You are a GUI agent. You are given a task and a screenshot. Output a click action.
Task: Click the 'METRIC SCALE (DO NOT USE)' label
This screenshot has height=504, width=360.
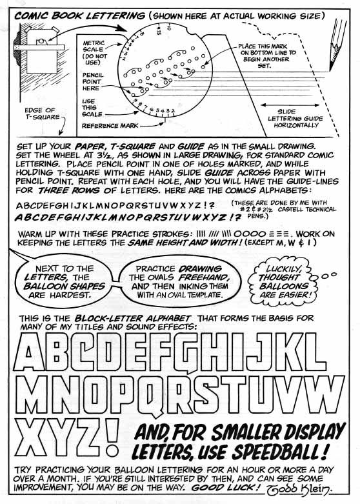pos(95,53)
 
